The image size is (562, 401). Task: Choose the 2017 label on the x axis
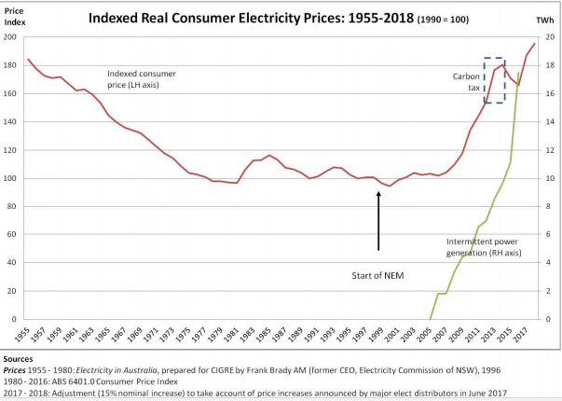point(524,333)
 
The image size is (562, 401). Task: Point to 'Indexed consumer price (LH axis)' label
point(142,78)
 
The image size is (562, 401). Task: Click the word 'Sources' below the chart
point(19,357)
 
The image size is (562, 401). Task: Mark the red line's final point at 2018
point(534,44)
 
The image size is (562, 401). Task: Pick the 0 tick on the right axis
point(549,319)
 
